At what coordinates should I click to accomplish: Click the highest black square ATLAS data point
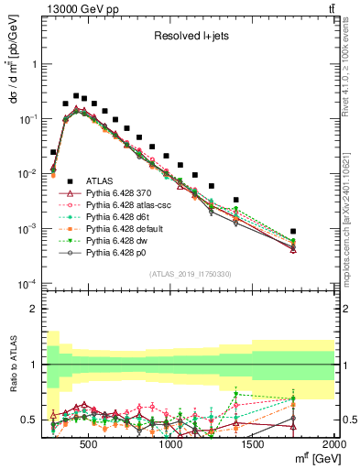click(x=76, y=94)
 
